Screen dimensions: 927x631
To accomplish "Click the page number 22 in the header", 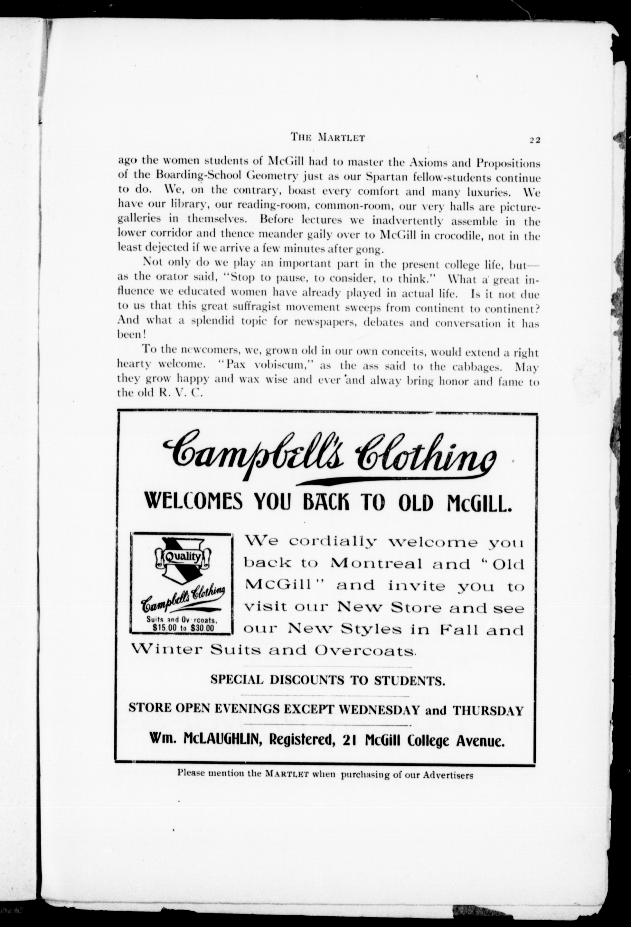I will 534,140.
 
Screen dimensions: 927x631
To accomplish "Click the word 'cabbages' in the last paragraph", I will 474,367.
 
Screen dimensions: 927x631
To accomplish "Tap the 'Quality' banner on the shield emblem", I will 182,557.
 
